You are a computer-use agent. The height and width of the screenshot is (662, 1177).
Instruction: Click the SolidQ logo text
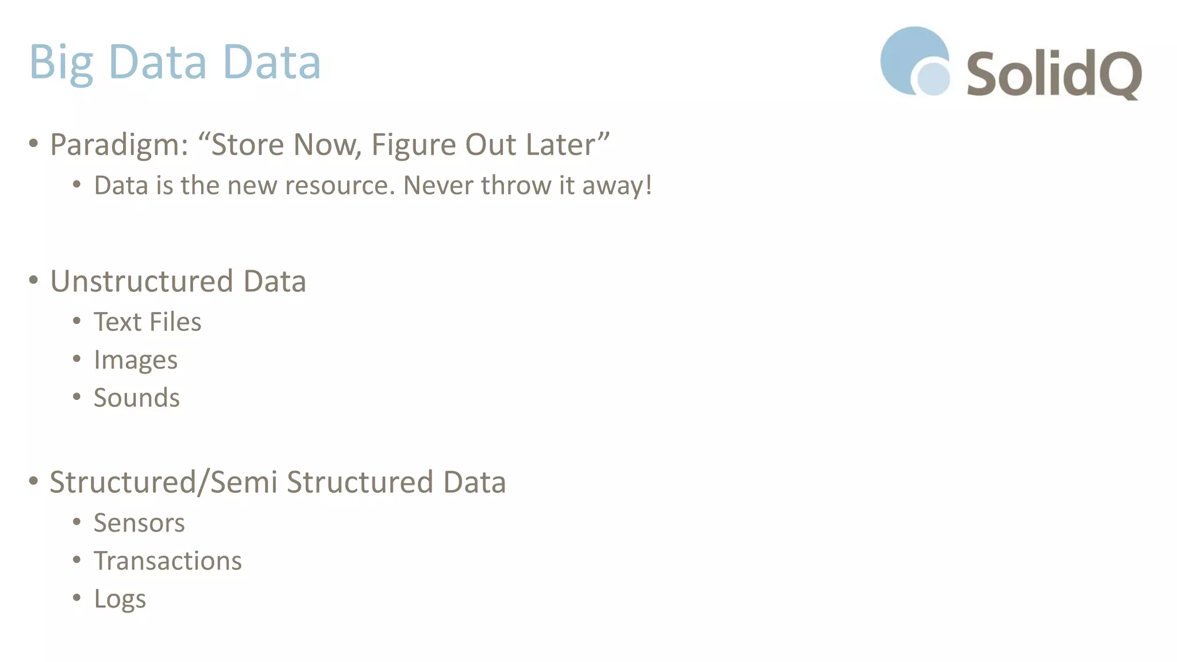click(1053, 74)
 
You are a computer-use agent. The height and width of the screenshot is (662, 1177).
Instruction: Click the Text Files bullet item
click(148, 322)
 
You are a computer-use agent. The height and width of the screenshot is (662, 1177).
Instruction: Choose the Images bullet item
click(136, 360)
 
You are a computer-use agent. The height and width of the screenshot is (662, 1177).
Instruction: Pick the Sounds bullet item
click(137, 398)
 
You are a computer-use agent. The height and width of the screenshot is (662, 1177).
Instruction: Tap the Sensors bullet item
click(139, 523)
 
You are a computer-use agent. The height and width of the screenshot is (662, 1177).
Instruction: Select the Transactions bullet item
click(168, 561)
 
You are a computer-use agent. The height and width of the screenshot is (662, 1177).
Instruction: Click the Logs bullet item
click(120, 599)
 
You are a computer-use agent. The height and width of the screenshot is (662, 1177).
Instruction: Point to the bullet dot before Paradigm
click(33, 143)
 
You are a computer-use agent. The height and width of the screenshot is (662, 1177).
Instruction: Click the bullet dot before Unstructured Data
click(33, 280)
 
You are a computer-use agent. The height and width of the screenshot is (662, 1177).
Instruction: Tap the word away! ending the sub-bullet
click(617, 185)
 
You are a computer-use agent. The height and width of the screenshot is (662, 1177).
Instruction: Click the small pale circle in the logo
click(933, 78)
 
